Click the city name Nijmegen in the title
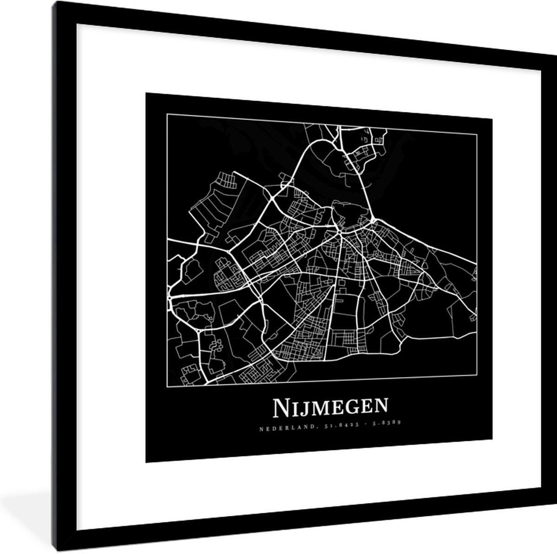tap(330, 407)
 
